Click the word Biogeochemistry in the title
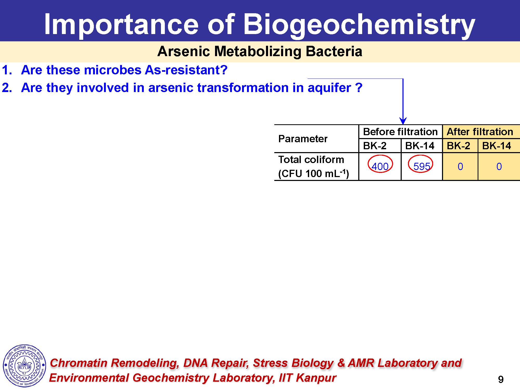click(359, 25)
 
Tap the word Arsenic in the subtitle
click(184, 51)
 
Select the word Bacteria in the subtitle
click(334, 51)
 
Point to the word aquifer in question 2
click(329, 88)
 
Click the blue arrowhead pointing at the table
click(403, 121)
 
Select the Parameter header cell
click(303, 139)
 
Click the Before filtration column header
click(400, 132)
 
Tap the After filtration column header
click(480, 132)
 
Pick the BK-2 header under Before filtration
click(375, 146)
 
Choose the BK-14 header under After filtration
click(497, 146)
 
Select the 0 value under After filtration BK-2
click(460, 166)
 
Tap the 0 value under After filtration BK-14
click(499, 166)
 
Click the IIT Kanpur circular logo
click(24, 366)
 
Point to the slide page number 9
click(501, 380)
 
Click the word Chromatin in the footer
click(79, 363)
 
